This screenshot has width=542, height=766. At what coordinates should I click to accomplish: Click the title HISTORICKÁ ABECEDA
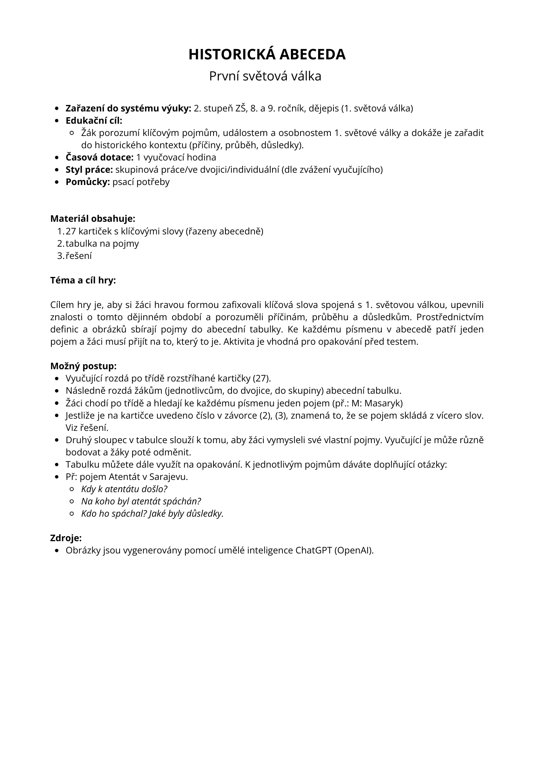point(267,54)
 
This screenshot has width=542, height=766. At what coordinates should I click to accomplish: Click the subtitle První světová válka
point(265,76)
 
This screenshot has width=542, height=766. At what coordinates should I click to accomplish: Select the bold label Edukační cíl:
point(94,121)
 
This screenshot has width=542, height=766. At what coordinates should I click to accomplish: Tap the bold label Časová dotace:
point(100,157)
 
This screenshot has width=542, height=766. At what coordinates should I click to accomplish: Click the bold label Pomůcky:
point(88,182)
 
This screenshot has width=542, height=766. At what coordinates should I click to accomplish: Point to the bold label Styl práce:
point(89,170)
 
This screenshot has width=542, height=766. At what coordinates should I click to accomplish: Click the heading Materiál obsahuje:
point(93,219)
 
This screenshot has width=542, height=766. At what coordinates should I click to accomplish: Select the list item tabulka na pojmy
point(102,244)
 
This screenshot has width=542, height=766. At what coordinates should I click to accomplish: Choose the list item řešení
point(79,256)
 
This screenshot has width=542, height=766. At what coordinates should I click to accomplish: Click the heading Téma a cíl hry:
point(83,280)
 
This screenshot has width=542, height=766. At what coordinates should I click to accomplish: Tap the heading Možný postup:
point(84,366)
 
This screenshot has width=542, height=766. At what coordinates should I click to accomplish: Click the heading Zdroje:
point(66,538)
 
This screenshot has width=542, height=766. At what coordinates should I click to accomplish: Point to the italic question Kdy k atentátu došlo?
point(124,489)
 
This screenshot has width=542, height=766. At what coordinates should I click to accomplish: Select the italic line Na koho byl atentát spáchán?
point(141,501)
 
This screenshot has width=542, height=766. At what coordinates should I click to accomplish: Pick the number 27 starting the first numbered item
point(71,231)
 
